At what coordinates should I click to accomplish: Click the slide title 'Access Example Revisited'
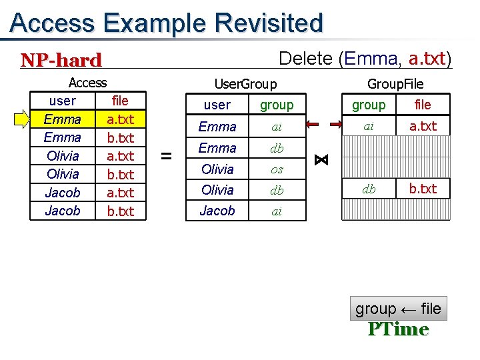click(167, 23)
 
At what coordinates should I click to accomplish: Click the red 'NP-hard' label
click(61, 60)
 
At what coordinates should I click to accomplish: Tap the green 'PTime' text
click(398, 329)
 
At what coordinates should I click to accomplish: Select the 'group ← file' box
click(398, 309)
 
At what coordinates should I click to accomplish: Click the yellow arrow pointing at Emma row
click(24, 119)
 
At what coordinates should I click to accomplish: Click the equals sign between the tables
click(167, 156)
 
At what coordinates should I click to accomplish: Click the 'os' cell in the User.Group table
click(276, 169)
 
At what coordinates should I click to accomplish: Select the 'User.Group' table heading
click(245, 83)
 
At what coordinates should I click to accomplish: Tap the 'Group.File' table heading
click(395, 83)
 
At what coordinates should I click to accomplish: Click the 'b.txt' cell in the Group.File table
click(423, 189)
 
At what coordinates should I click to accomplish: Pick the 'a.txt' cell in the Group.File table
click(423, 126)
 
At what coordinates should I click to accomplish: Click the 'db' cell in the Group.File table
click(369, 189)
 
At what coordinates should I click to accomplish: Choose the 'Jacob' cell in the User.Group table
click(217, 211)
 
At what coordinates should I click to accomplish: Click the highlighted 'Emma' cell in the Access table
click(62, 119)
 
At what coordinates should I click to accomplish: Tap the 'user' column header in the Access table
click(62, 101)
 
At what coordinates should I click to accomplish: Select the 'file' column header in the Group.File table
click(423, 105)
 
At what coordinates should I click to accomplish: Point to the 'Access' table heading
click(87, 83)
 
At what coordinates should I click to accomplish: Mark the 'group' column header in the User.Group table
click(276, 105)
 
